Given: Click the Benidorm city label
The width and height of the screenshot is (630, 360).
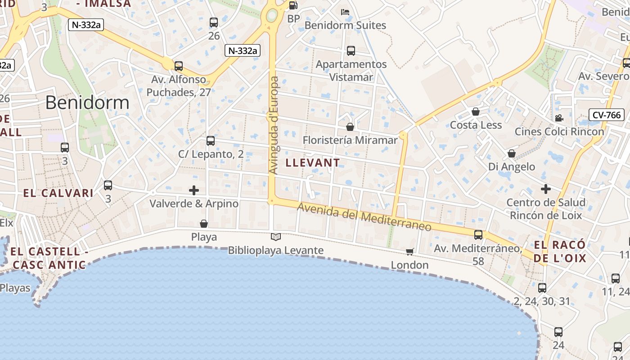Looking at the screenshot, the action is pos(87,103).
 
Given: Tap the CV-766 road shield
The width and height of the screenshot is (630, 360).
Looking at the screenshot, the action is pos(607,115).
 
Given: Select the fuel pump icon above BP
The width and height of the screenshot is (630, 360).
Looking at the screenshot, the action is pos(293,5).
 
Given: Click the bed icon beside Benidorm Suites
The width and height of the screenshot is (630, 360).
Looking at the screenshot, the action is pos(345,12).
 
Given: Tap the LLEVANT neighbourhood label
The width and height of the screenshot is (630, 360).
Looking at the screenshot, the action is pos(313,162).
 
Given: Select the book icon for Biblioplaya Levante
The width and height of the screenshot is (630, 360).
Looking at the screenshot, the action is pos(275,237).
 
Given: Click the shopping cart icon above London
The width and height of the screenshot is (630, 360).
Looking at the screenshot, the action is pos(409,251).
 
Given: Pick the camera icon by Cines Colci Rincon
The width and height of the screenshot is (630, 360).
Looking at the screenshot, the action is pos(559,118).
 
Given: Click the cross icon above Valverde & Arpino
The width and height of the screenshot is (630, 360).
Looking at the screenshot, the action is pos(194,190).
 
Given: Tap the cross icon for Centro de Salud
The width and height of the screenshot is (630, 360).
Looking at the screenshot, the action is pos(546,189).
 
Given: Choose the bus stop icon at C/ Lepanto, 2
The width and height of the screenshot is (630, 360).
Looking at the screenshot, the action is pos(211,141).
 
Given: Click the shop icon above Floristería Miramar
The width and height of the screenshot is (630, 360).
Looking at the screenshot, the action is pos(350,127).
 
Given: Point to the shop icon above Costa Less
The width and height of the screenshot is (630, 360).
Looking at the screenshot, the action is pos(476,111).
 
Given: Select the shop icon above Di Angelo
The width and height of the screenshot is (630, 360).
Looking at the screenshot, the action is pos(512,153).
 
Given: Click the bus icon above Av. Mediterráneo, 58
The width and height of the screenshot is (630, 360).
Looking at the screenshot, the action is pos(478,234).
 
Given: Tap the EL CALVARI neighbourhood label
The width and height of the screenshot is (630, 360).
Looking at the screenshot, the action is pos(58,193).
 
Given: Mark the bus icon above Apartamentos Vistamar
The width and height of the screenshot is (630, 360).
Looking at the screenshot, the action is pos(351,51).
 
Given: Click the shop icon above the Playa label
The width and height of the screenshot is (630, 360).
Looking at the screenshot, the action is pos(204,223).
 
